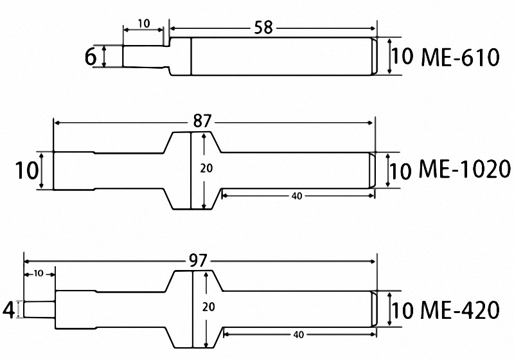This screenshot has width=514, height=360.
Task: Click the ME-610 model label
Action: pyautogui.click(x=460, y=57)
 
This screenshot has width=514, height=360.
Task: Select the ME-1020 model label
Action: pyautogui.click(x=465, y=170)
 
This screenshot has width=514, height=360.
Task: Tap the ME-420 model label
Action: pyautogui.click(x=460, y=311)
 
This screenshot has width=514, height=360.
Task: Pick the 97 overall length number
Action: pyautogui.click(x=198, y=261)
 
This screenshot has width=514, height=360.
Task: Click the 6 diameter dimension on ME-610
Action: pyautogui.click(x=91, y=57)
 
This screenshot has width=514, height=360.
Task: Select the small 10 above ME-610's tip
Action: pyautogui.click(x=143, y=24)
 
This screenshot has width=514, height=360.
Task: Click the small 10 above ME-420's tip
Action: pyautogui.click(x=38, y=273)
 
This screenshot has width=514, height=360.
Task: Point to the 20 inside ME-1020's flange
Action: pyautogui.click(x=206, y=168)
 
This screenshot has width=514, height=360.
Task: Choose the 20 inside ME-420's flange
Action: pyautogui.click(x=208, y=308)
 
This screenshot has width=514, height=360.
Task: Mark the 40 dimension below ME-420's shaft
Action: pyautogui.click(x=298, y=335)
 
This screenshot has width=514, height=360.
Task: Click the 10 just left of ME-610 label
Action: pyautogui.click(x=402, y=57)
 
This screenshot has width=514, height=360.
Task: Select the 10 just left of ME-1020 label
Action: pyautogui.click(x=400, y=171)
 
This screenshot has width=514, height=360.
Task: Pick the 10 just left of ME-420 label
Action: pyautogui.click(x=402, y=311)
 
